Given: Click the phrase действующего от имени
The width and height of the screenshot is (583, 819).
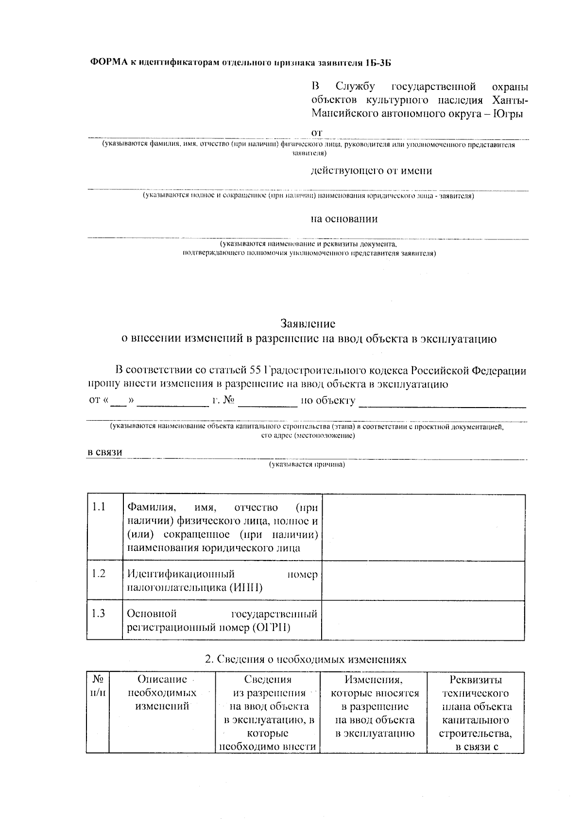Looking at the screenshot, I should (371, 171).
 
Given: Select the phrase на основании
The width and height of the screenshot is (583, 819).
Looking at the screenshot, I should (344, 219).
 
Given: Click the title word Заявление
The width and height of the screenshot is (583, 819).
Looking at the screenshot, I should (308, 324).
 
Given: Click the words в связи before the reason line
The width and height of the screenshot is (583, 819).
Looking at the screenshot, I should (104, 452).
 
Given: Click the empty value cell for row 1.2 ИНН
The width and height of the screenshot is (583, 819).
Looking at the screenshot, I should (423, 581).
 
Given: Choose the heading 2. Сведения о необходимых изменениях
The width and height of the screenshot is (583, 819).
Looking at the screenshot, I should (305, 660).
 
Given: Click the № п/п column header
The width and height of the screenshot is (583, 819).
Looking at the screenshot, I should (98, 686).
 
